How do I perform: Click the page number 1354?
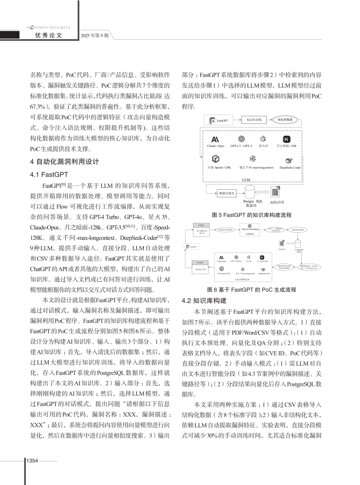[32, 461]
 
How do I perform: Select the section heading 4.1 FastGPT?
[49, 174]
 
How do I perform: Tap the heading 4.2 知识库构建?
[204, 301]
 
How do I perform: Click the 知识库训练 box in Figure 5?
[254, 120]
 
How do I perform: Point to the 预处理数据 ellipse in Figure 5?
[285, 120]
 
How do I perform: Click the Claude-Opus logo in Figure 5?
[215, 139]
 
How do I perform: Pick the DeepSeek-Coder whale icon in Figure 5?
[289, 160]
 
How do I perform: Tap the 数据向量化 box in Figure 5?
[227, 193]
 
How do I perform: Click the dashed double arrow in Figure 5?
[262, 192]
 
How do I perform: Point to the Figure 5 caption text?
[252, 215]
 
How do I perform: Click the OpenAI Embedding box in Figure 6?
[250, 229]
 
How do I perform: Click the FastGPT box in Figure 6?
[192, 247]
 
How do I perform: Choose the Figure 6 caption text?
[252, 290]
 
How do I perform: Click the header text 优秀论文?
[49, 35]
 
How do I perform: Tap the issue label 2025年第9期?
[95, 36]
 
